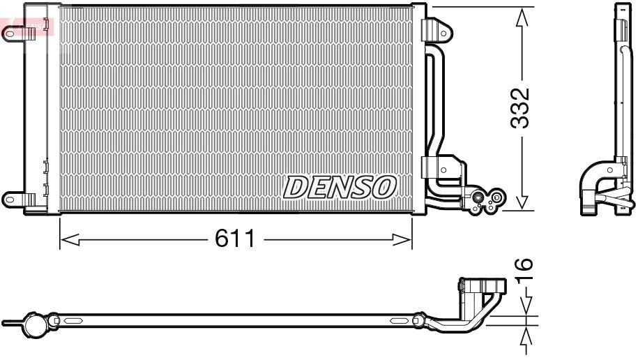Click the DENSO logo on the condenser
click(340, 186)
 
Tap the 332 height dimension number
click(520, 107)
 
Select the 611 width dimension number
click(235, 239)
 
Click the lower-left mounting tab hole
click(10, 199)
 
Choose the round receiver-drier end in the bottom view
click(33, 324)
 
